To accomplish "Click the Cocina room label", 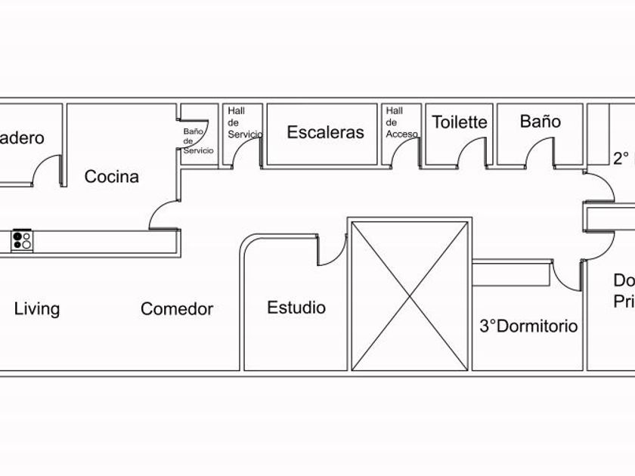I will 111,177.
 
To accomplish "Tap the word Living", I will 37,308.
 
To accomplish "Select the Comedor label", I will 177,308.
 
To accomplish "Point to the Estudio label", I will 296,308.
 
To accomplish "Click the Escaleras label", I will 325,132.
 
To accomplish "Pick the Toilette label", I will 460,122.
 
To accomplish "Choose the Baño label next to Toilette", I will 540,121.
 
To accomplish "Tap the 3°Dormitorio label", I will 529,326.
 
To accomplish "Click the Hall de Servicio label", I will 245,122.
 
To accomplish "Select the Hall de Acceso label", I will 401,122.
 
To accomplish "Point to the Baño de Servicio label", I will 198,141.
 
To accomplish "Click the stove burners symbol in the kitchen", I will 22,240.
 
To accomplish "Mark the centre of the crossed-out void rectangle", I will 410,295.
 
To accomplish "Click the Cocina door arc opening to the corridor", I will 163,215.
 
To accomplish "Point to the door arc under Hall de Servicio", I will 245,155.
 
